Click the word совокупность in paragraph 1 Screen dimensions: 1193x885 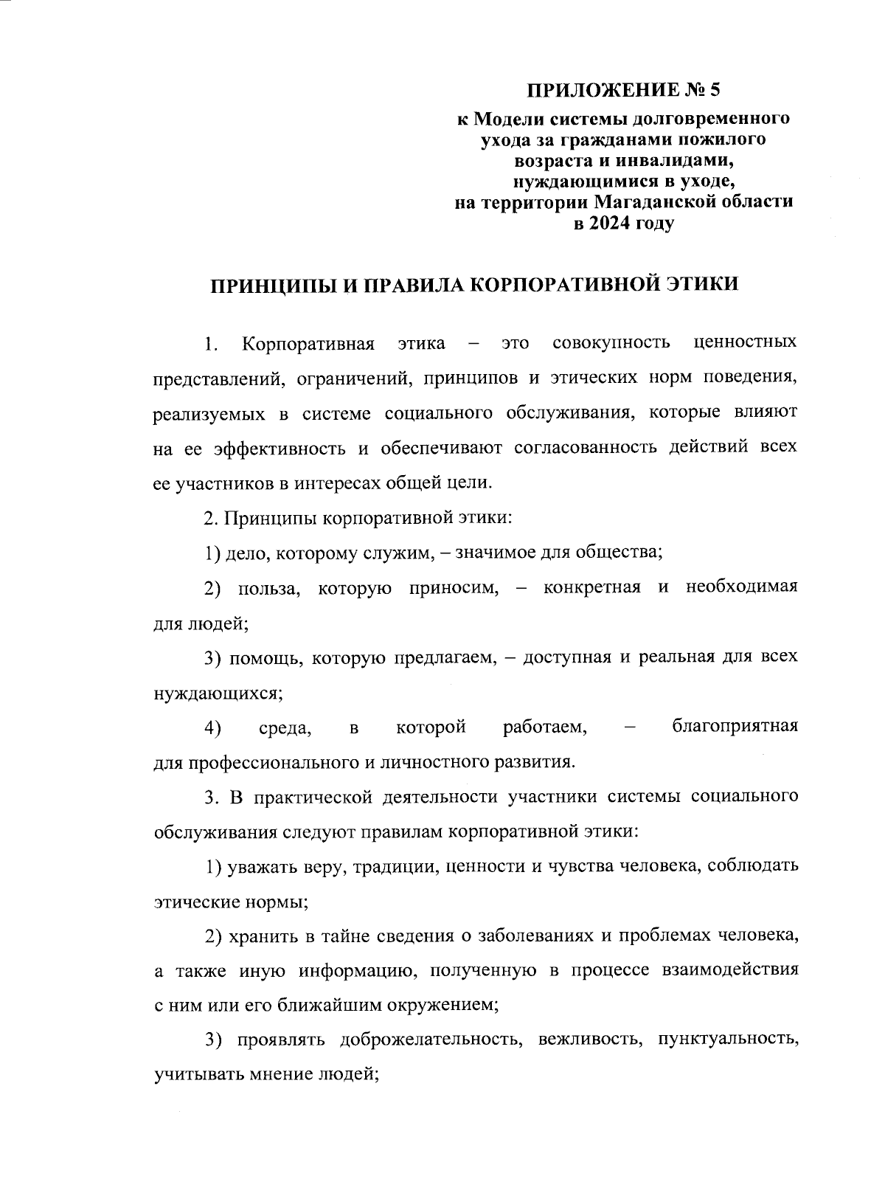(x=611, y=343)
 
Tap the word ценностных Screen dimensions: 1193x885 (x=746, y=343)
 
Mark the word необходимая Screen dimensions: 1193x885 (x=741, y=588)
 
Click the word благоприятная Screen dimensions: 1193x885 (x=735, y=727)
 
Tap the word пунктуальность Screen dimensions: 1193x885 (x=727, y=1040)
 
